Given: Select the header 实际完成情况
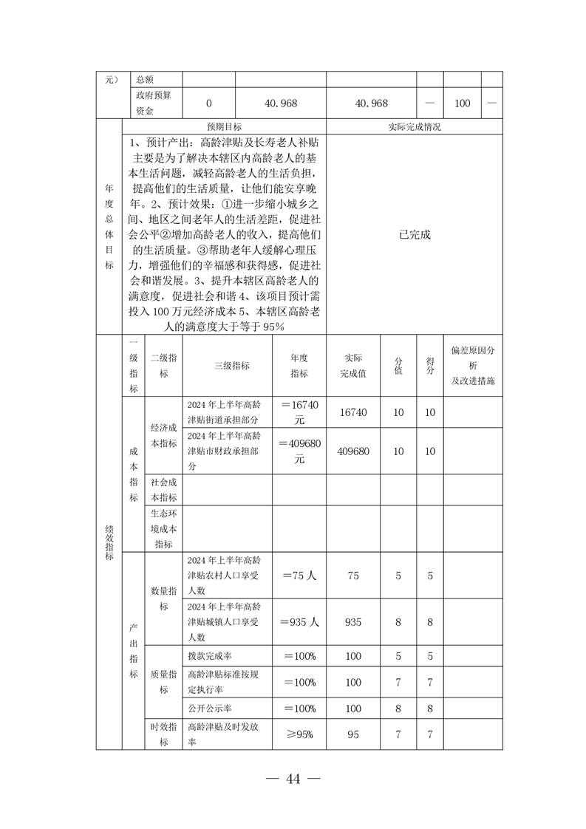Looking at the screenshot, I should point(414,126).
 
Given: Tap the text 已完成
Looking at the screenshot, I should point(414,234).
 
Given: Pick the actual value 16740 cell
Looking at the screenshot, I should point(353,412).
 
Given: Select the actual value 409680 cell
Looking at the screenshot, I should point(353,451).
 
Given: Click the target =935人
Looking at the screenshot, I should point(299,622).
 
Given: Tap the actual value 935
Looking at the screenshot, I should point(353,622).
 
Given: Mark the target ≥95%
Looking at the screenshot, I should point(299,735).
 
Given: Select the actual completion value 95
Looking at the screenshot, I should point(353,735).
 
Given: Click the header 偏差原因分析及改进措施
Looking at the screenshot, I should point(473,366).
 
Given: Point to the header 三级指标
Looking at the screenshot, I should point(231,366).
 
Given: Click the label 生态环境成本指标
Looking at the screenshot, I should point(163,528).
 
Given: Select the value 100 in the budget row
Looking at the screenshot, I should point(462,103).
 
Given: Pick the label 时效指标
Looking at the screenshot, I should point(163,735).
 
